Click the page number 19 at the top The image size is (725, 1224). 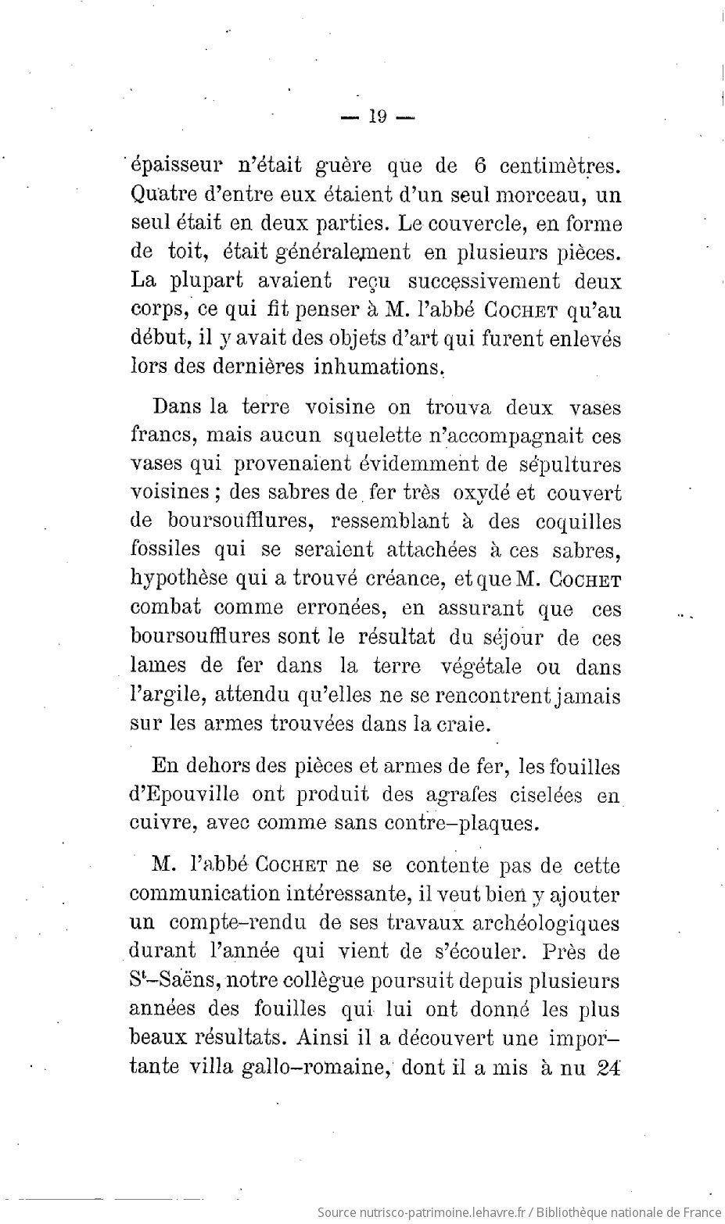coord(377,117)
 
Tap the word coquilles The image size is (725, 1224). coord(567,522)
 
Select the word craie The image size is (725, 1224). coord(464,724)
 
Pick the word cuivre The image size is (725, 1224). coord(155,823)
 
